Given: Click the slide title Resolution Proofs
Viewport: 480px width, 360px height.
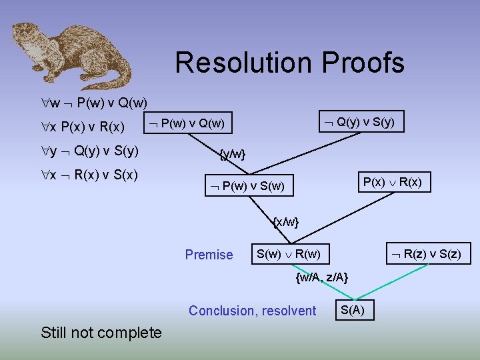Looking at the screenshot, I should [x=289, y=63].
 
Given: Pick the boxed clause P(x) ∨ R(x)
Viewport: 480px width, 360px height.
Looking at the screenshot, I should [x=392, y=182].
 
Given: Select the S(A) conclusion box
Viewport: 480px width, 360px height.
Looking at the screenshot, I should [x=353, y=310].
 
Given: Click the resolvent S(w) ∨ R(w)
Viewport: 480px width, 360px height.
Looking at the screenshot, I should [x=289, y=254].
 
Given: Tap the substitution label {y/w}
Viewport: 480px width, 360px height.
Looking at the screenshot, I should [x=233, y=155].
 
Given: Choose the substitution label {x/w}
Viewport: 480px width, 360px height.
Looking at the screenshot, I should [x=286, y=221].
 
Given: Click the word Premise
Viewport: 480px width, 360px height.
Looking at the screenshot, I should [x=209, y=255].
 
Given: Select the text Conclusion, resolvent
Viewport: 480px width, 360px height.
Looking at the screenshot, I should [x=253, y=311].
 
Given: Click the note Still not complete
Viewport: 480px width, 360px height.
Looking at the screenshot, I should [x=101, y=332].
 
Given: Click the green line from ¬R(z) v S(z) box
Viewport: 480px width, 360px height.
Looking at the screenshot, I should [x=393, y=281].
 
